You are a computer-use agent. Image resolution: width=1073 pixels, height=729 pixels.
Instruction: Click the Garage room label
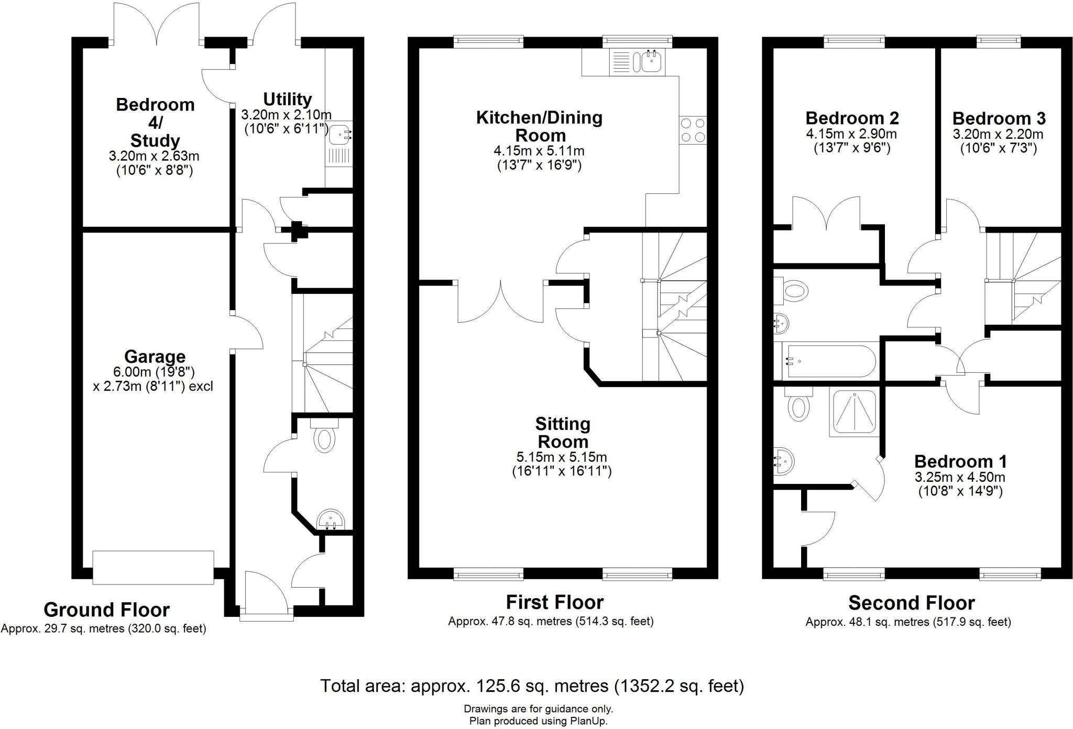(155, 357)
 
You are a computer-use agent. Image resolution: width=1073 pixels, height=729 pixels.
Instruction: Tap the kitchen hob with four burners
(693, 129)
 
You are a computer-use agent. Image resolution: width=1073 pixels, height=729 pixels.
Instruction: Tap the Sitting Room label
(562, 432)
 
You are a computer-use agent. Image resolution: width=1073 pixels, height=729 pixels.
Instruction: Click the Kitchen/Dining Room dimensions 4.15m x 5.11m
(539, 151)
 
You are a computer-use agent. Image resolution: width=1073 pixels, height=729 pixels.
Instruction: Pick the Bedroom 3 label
(999, 118)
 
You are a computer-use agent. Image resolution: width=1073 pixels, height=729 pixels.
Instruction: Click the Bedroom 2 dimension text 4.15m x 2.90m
(851, 135)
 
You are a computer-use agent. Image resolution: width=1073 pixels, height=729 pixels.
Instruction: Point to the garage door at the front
(153, 567)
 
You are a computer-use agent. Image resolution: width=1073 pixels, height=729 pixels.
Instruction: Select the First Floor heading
(555, 602)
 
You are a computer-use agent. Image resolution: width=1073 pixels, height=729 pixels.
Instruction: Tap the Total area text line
(532, 686)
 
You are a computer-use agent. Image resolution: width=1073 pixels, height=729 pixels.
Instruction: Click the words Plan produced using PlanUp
(538, 721)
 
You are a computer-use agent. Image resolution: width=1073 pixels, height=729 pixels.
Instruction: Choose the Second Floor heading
(911, 603)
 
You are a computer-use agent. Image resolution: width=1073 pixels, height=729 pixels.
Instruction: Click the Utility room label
(287, 99)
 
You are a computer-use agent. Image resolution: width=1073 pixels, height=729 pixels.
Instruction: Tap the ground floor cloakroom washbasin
(331, 519)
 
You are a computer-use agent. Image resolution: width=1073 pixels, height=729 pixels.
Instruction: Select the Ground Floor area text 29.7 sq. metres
(103, 628)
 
